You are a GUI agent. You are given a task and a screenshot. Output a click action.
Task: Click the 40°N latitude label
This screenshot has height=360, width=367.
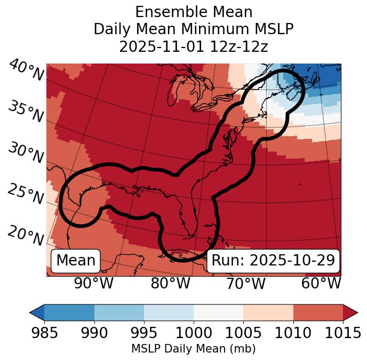pyautogui.click(x=26, y=71)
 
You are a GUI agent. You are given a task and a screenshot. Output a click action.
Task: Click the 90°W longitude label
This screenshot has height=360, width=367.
pyautogui.click(x=93, y=284)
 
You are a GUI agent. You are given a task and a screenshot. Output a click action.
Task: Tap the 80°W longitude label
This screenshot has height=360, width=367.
pyautogui.click(x=170, y=284)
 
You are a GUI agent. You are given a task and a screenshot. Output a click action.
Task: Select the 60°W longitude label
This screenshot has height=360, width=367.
pyautogui.click(x=321, y=284)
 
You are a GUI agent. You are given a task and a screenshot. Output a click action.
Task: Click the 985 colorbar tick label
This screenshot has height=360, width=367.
pyautogui.click(x=44, y=333)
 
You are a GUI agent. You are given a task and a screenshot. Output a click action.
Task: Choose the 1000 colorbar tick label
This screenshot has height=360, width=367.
pyautogui.click(x=194, y=333)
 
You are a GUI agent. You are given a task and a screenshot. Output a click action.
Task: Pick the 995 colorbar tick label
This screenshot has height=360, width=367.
pyautogui.click(x=144, y=333)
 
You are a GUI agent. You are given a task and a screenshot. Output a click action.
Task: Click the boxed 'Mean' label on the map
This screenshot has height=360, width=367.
pyautogui.click(x=76, y=261)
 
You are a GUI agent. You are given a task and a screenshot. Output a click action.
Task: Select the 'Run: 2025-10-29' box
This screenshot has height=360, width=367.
pyautogui.click(x=273, y=261)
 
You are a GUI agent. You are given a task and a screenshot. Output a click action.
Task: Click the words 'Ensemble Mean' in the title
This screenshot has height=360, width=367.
pyautogui.click(x=194, y=12)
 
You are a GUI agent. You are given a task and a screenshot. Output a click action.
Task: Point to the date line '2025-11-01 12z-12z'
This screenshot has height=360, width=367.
pyautogui.click(x=194, y=46)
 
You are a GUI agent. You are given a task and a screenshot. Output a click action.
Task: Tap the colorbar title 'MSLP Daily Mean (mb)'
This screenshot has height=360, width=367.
pyautogui.click(x=194, y=349)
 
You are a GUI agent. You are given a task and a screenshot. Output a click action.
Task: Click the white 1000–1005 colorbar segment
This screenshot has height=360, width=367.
pyautogui.click(x=218, y=312)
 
